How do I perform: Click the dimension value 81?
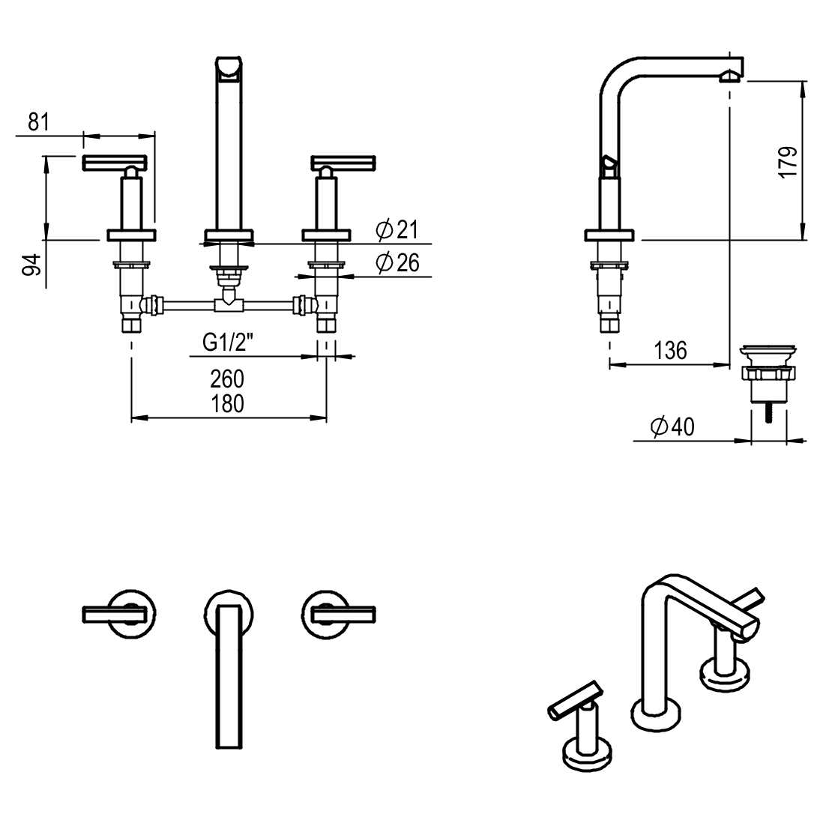(x=38, y=122)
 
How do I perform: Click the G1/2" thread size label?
(x=228, y=343)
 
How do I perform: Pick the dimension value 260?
(x=228, y=379)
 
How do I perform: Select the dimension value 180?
(x=228, y=403)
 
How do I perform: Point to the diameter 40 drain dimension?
(x=673, y=426)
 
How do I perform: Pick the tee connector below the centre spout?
(x=228, y=304)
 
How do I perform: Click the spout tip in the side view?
(x=731, y=76)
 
